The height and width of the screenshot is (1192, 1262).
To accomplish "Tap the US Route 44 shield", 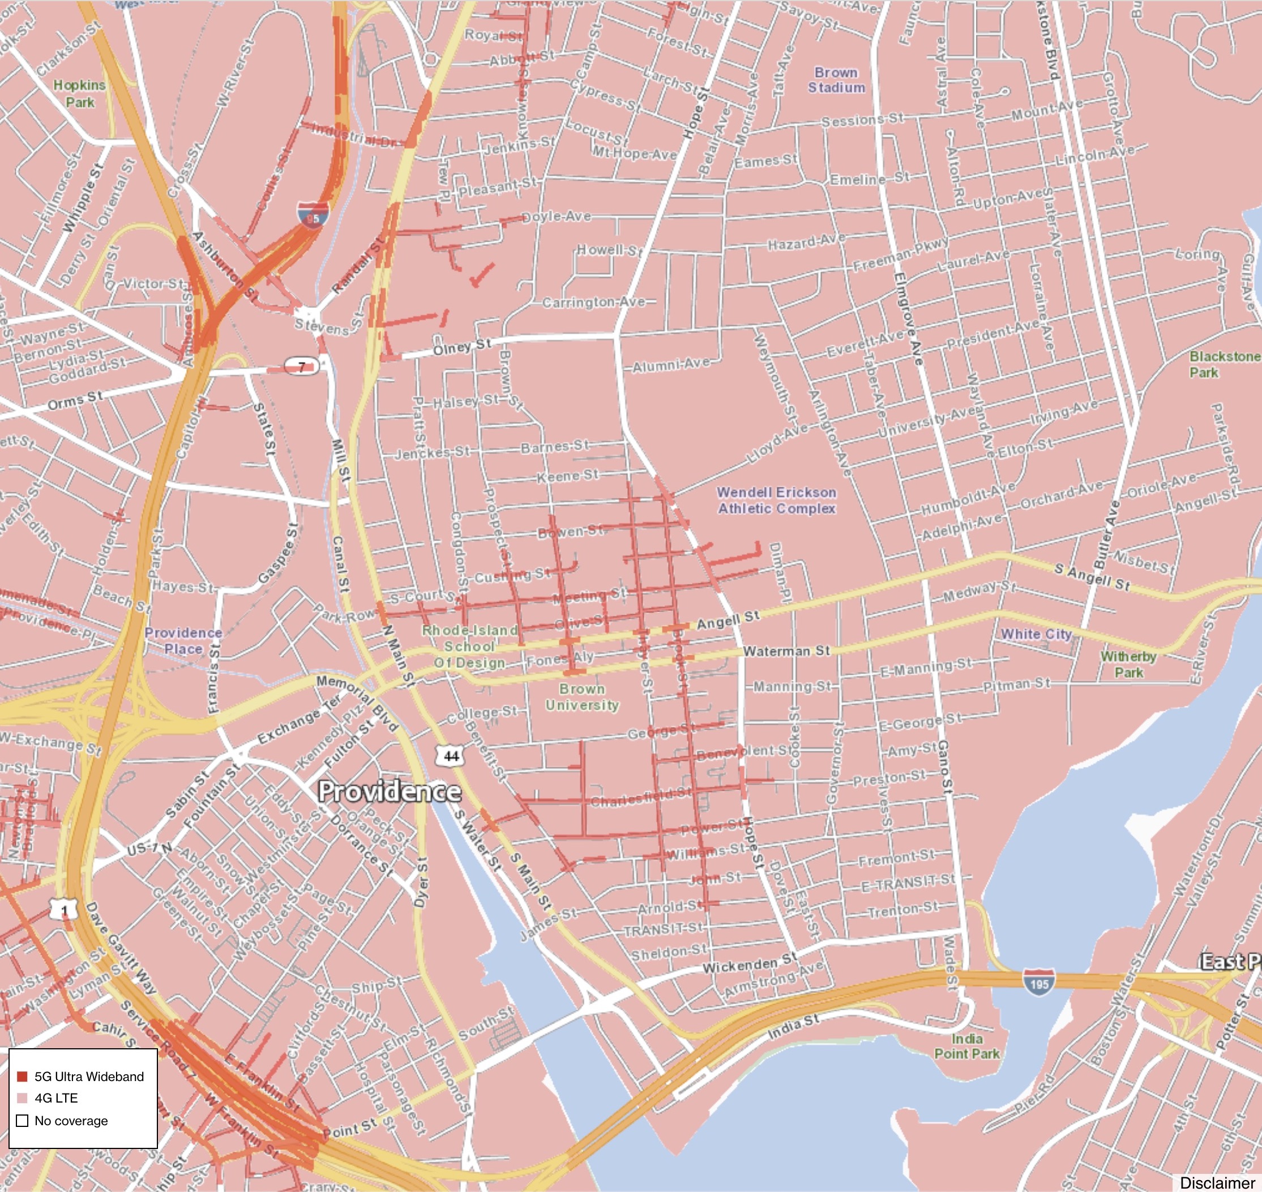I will [x=451, y=756].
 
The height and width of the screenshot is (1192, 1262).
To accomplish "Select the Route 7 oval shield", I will [x=301, y=367].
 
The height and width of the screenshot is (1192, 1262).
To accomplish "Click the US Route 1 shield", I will [x=64, y=910].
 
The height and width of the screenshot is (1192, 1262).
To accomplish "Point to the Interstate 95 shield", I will [x=313, y=214].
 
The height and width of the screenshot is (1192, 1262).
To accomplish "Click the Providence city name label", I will [x=389, y=792].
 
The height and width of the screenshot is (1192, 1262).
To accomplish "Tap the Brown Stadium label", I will [x=836, y=80].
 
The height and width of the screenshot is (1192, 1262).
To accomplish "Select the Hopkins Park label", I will [x=79, y=93].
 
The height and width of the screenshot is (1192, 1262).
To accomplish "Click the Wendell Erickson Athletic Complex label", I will [x=777, y=500].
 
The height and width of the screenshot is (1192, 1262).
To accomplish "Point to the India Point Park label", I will [x=966, y=1046].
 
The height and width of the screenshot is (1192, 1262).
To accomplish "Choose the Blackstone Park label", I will [x=1224, y=364].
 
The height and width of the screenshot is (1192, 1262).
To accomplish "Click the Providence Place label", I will [x=183, y=641].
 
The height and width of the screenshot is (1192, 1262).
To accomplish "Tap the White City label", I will [x=1036, y=633].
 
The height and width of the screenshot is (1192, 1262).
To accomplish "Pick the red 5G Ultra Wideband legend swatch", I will [x=22, y=1077].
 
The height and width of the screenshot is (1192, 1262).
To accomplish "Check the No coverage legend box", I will [x=22, y=1121].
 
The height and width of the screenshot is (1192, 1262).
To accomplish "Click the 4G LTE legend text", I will [x=57, y=1098].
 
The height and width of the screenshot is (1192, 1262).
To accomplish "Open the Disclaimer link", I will [x=1217, y=1182].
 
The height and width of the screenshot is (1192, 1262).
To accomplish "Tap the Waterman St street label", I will [x=786, y=651].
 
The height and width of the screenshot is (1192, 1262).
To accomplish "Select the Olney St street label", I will [x=462, y=347].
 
